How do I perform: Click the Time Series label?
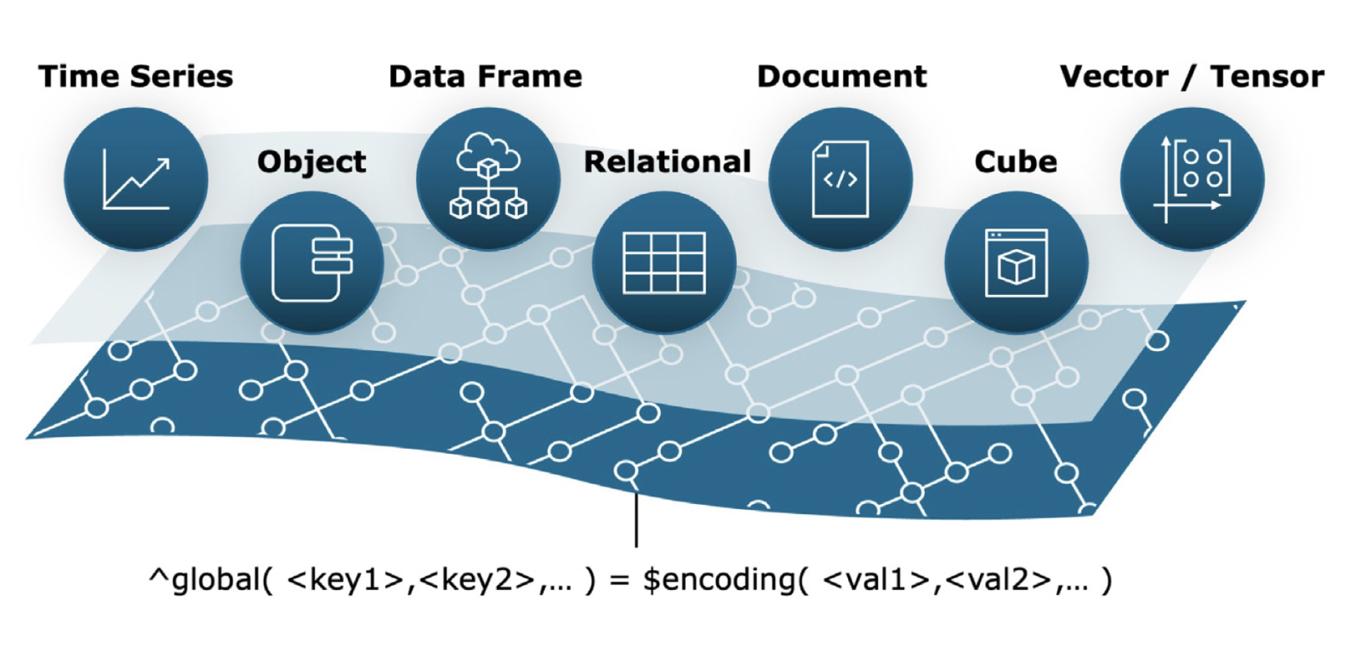[135, 76]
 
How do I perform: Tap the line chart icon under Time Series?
[136, 179]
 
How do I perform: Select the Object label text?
[311, 161]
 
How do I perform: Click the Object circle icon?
[312, 263]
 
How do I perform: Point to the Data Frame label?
[485, 76]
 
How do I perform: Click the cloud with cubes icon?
[487, 178]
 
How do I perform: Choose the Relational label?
[667, 161]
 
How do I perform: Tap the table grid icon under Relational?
[663, 263]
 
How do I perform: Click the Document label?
[841, 76]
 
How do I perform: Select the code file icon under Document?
[840, 179]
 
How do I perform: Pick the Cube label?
[1016, 161]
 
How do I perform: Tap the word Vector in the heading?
[1113, 76]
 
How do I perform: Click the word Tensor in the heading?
[1267, 76]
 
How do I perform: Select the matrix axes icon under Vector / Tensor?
[1192, 179]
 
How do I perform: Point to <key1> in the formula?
[345, 580]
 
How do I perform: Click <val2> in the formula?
[998, 580]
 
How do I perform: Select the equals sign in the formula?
[619, 581]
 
